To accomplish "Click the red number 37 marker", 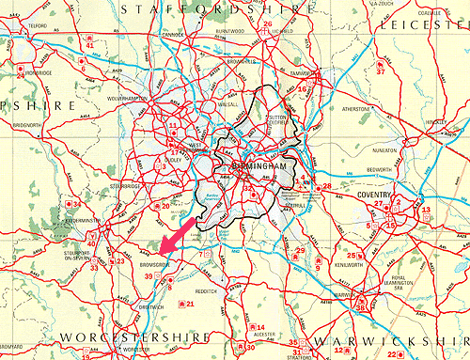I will click(381, 71).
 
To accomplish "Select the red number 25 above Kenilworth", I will click(351, 255).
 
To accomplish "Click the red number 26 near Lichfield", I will click(268, 23).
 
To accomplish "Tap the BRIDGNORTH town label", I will click(28, 124).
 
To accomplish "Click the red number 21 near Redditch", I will click(190, 304).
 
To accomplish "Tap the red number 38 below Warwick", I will click(360, 307).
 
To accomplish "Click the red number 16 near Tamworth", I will click(302, 89).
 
